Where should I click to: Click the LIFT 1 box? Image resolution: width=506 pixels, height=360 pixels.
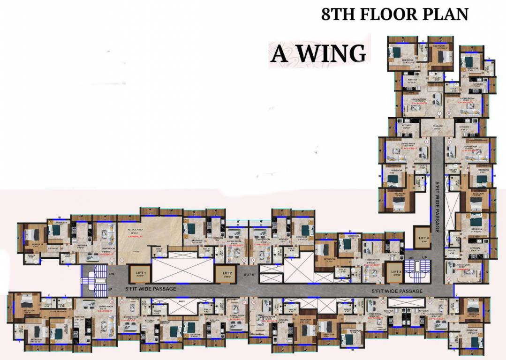(141, 274)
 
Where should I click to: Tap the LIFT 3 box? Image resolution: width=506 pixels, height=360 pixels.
(396, 273)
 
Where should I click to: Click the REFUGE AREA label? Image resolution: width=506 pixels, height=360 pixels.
(137, 230)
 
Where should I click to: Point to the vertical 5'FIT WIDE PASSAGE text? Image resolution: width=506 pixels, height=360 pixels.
(438, 206)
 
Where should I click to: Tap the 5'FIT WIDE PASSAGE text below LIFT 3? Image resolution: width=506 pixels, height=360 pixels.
(397, 291)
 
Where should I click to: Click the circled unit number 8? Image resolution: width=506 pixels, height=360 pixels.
(449, 114)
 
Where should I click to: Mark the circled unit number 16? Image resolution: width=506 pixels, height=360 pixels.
(112, 302)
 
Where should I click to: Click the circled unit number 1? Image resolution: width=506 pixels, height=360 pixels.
(112, 259)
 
